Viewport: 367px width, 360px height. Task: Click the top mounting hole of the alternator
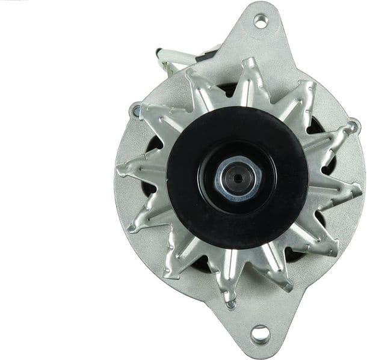[261, 21]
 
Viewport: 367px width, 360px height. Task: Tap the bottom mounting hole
[260, 332]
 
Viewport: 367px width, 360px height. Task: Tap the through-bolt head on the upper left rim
[137, 111]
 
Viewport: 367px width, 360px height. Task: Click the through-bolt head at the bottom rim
[230, 304]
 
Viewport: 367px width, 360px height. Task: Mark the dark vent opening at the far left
[153, 144]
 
